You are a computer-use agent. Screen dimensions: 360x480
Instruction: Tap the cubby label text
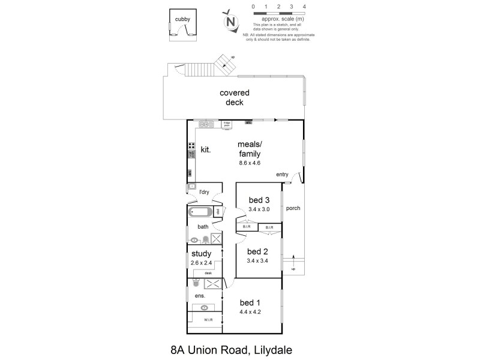183,19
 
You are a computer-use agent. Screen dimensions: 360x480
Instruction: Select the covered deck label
234,97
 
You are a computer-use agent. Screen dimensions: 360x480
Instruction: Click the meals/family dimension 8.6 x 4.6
249,163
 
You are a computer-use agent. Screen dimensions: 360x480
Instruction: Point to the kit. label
205,149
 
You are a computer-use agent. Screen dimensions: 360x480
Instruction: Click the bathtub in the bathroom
200,212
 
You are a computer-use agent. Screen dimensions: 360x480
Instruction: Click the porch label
293,209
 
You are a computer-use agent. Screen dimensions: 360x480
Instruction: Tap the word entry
282,175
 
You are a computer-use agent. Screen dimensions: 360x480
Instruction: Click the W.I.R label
208,320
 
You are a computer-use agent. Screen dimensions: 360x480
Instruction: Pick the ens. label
200,296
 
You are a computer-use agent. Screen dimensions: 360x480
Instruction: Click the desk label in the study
208,273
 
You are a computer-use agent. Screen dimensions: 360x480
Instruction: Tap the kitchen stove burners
191,145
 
